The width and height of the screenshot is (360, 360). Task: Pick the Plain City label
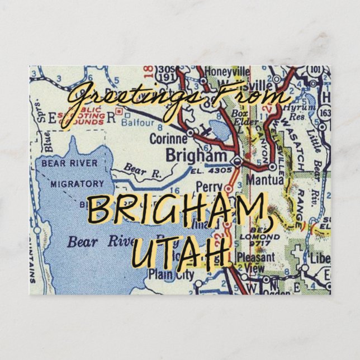tap(172, 274)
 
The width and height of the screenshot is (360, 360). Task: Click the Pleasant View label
tap(256, 263)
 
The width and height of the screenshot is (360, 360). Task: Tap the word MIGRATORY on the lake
tap(77, 183)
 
